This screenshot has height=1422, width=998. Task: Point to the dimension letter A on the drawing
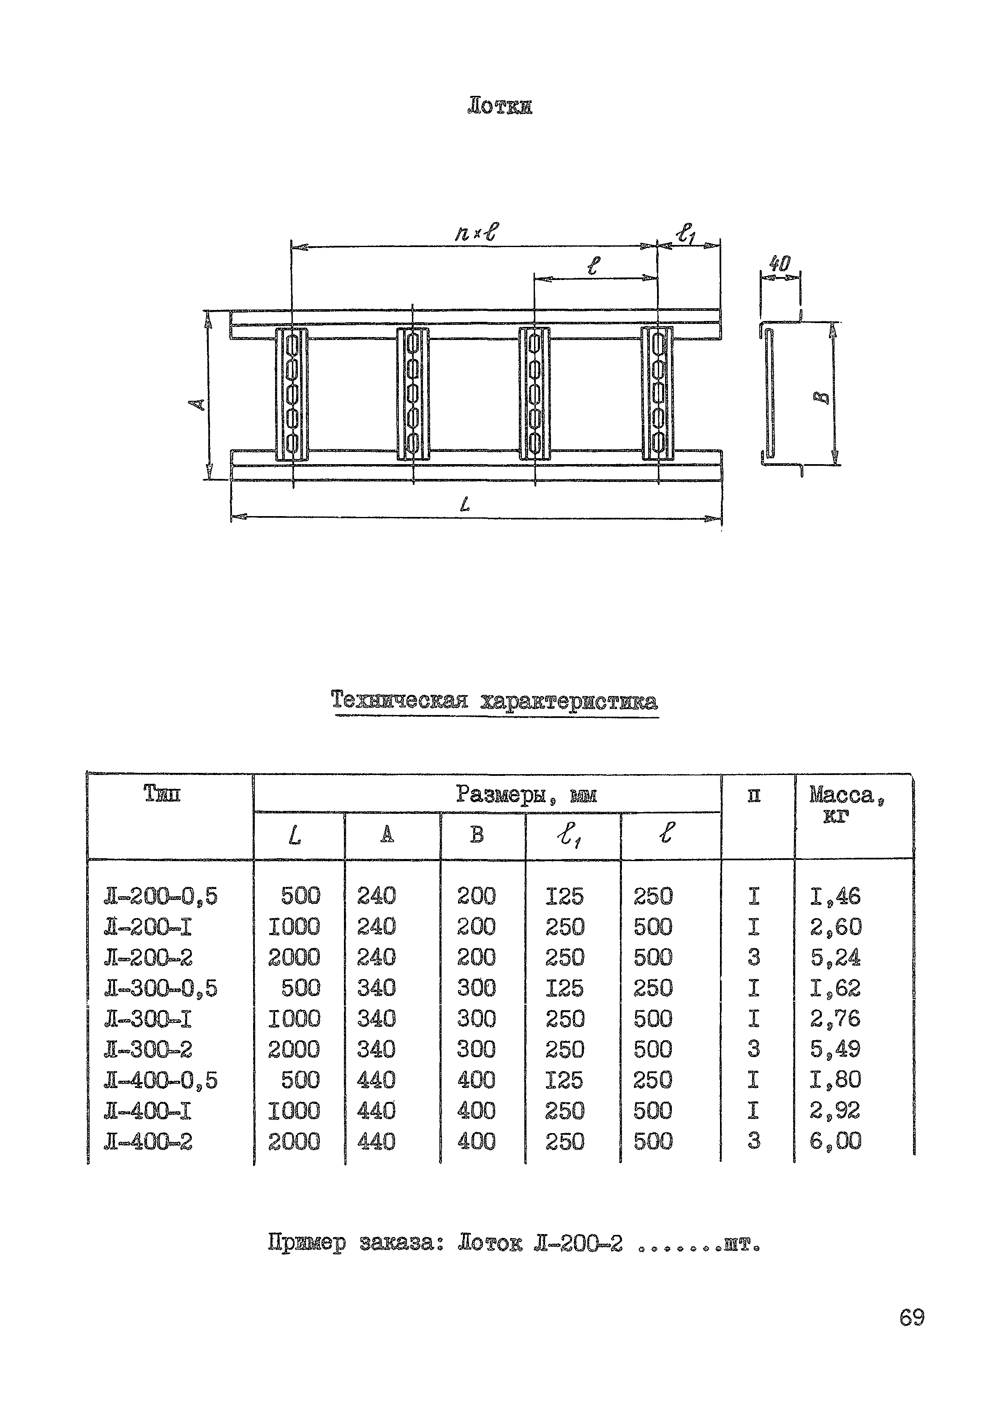[197, 405]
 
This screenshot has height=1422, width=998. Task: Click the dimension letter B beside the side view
[823, 397]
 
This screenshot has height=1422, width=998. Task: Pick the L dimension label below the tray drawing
[465, 506]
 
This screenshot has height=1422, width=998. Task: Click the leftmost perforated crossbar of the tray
[292, 394]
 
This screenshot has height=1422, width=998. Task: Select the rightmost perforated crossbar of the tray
[657, 394]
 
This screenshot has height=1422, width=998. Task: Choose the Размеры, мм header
[526, 794]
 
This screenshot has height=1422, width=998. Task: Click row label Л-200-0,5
[161, 897]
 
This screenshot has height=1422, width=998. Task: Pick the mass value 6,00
[835, 1141]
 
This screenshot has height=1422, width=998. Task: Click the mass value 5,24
[835, 957]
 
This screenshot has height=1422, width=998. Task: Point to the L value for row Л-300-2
[294, 1049]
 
